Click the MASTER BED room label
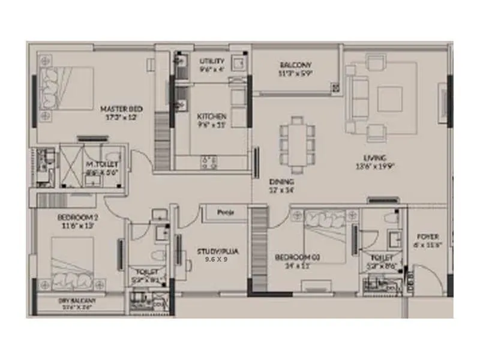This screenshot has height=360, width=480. click(x=121, y=109)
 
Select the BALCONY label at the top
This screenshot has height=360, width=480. click(x=294, y=65)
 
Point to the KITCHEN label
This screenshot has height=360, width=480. click(x=212, y=116)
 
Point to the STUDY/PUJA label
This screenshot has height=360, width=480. click(x=218, y=251)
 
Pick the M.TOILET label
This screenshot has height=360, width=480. click(x=103, y=164)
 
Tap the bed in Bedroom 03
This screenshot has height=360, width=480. click(x=324, y=235)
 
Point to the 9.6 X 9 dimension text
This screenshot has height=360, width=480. click(x=217, y=260)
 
